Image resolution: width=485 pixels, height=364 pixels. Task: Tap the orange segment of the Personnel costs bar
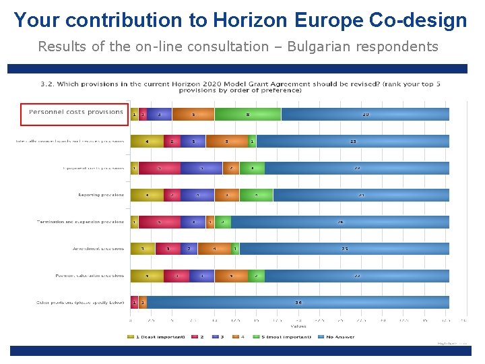[193, 115]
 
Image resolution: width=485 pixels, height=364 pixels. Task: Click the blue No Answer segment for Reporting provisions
[361, 195]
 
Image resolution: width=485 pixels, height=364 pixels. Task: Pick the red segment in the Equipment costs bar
[160, 168]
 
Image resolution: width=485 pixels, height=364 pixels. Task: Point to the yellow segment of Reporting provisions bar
[147, 195]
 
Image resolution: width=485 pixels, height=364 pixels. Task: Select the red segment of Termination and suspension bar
[159, 222]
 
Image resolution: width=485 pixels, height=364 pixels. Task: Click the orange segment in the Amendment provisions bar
[214, 249]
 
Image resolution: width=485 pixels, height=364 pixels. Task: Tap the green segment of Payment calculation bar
[256, 276]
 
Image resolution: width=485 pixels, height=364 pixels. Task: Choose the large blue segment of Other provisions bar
[298, 303]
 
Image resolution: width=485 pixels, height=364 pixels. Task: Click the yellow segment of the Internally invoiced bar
[147, 142]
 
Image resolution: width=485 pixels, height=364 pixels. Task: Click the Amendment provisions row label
[98, 249]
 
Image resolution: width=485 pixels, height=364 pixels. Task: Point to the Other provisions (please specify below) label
[80, 303]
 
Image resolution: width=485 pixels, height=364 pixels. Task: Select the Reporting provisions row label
[101, 195]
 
